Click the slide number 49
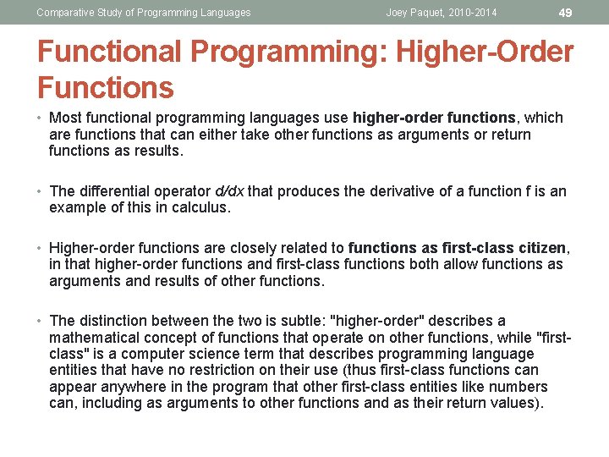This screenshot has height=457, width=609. pyautogui.click(x=566, y=12)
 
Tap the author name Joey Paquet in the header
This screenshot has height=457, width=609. pyautogui.click(x=414, y=13)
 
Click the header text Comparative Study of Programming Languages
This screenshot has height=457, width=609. pyautogui.click(x=143, y=13)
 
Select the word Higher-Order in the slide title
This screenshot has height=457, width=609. pyautogui.click(x=490, y=52)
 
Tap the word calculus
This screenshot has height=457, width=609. pyautogui.click(x=200, y=207)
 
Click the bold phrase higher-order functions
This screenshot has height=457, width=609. pyautogui.click(x=434, y=118)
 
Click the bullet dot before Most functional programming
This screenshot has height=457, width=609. pyautogui.click(x=41, y=118)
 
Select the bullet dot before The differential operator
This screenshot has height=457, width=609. pyautogui.click(x=41, y=191)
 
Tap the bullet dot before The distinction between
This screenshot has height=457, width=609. pyautogui.click(x=41, y=321)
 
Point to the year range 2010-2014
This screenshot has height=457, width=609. pyautogui.click(x=469, y=13)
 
